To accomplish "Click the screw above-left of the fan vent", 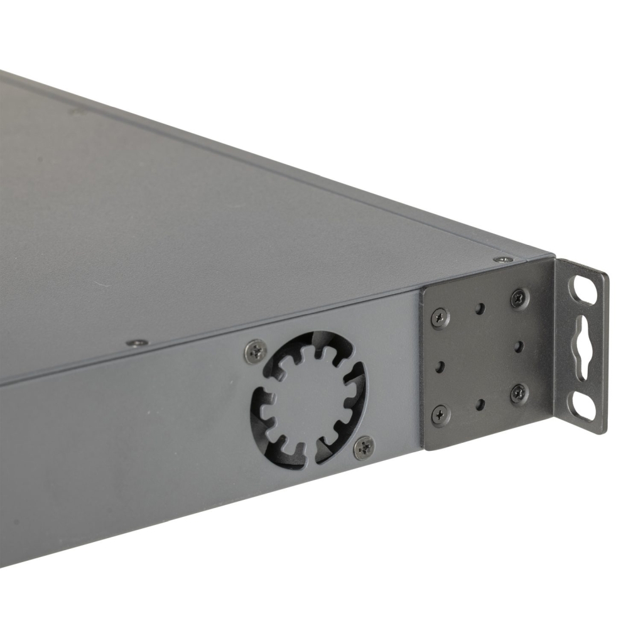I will pyautogui.click(x=255, y=352).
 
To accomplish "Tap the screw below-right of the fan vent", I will pyautogui.click(x=364, y=447).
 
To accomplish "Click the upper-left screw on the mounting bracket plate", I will pyautogui.click(x=440, y=318).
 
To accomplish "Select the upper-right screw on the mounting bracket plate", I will pyautogui.click(x=519, y=298).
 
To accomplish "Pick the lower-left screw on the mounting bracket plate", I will pyautogui.click(x=440, y=414).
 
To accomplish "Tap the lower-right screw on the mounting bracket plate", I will pyautogui.click(x=519, y=393).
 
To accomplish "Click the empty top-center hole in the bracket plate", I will pyautogui.click(x=480, y=308).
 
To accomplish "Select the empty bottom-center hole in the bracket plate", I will pyautogui.click(x=479, y=404).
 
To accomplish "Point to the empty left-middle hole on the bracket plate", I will pyautogui.click(x=439, y=366).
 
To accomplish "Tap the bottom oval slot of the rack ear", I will pyautogui.click(x=583, y=407).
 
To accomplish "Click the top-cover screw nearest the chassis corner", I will pyautogui.click(x=502, y=259).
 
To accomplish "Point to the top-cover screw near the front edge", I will pyautogui.click(x=137, y=343).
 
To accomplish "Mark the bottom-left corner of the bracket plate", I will pyautogui.click(x=425, y=448).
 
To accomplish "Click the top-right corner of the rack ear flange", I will pyautogui.click(x=607, y=274).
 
